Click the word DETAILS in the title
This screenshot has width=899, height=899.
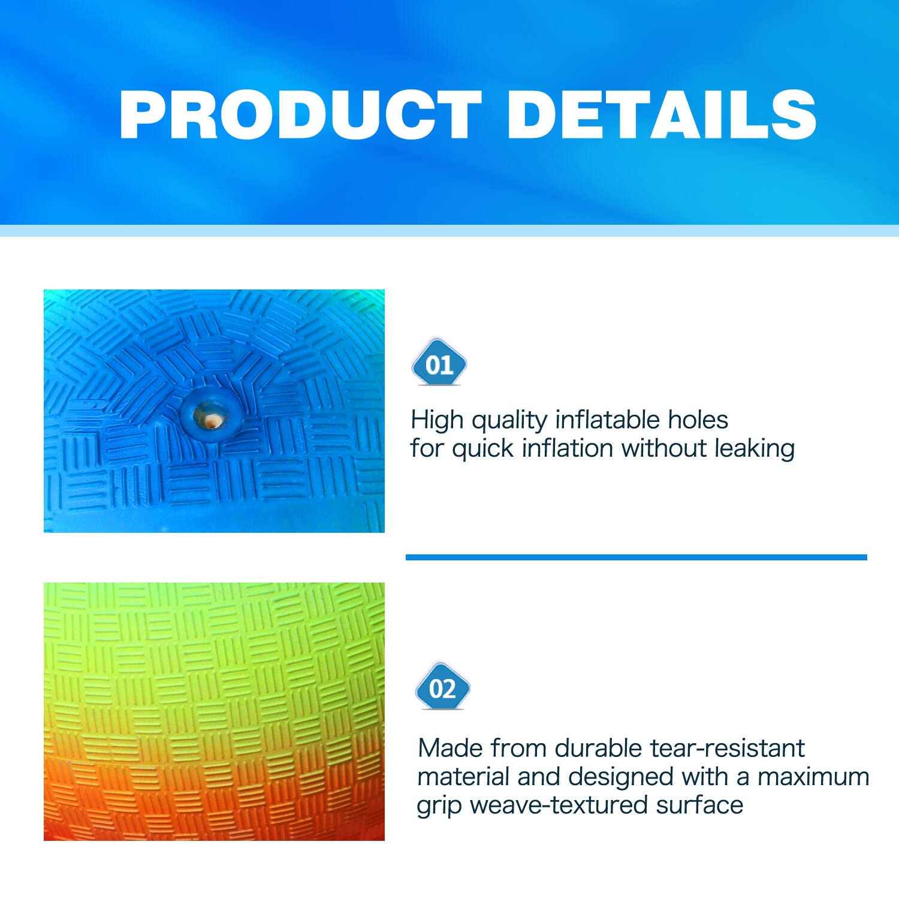click(x=662, y=116)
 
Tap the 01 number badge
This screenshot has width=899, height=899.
click(x=439, y=364)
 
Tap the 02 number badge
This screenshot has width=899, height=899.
click(x=443, y=688)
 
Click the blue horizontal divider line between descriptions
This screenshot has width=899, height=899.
click(x=636, y=557)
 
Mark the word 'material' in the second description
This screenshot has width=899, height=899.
click(x=463, y=777)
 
